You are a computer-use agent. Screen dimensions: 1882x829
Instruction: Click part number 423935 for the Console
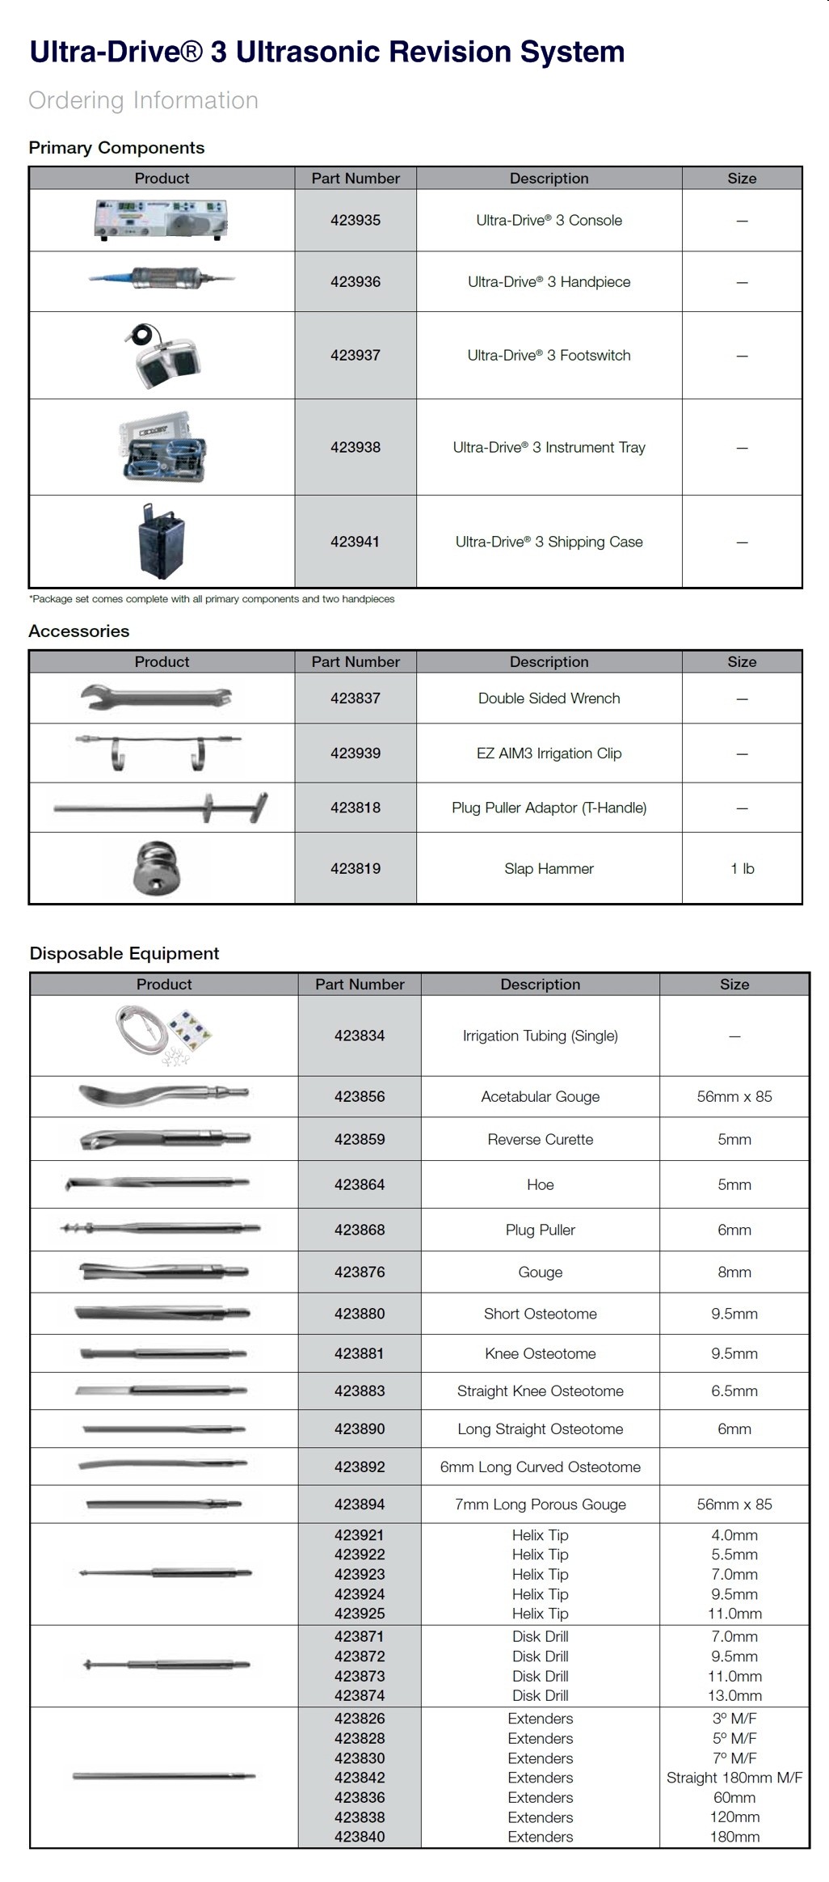[x=356, y=221]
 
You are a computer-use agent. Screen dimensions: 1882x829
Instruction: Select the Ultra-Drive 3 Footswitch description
[x=549, y=356]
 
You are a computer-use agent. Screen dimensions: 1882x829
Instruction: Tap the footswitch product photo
[x=162, y=357]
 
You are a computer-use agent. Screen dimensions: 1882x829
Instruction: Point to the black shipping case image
[x=162, y=542]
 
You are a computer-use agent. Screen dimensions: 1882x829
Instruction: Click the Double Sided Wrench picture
[x=157, y=698]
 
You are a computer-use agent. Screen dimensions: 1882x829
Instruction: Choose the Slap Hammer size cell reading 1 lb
[x=742, y=869]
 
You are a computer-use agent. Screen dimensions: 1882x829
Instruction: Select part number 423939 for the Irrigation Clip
[x=356, y=753]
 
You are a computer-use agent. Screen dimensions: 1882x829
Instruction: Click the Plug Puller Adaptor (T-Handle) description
[x=549, y=808]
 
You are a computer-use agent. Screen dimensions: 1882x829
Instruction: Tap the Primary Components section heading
[x=116, y=148]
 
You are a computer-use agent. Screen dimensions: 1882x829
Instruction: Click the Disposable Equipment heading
[x=124, y=954]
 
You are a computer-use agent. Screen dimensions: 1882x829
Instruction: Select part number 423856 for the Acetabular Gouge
[x=360, y=1097]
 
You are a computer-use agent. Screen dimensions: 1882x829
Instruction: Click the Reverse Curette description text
[x=540, y=1140]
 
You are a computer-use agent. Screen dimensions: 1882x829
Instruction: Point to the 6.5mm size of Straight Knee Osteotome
[x=734, y=1391]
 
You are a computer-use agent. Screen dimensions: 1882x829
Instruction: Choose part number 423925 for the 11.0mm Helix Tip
[x=360, y=1614]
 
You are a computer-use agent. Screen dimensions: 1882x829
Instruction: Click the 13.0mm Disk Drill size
[x=734, y=1696]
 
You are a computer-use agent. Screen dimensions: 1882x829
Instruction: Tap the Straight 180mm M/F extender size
[x=734, y=1778]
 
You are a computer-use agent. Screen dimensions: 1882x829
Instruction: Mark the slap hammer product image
[x=157, y=869]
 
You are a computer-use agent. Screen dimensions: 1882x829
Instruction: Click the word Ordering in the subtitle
[x=77, y=101]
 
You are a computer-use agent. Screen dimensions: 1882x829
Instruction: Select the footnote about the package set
[x=213, y=600]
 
